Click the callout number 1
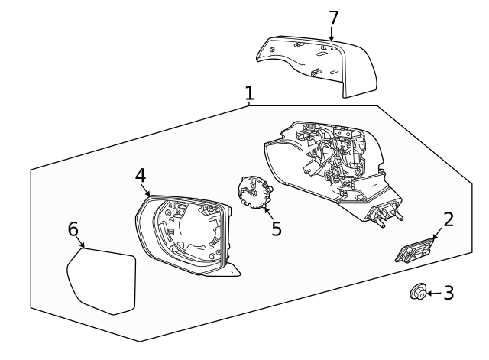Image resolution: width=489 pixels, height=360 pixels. tap(250, 93)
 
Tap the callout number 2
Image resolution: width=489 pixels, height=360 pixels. tap(449, 220)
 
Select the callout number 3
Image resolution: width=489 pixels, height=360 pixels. tap(449, 292)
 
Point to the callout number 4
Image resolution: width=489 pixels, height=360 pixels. tap(141, 175)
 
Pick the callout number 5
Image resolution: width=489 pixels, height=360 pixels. tap(276, 229)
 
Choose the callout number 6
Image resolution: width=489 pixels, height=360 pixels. tap(73, 229)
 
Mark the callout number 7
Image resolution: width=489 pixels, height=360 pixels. tap(333, 17)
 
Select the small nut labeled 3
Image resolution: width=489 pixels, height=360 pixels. tap(418, 292)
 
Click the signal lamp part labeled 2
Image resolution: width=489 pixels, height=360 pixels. tap(413, 251)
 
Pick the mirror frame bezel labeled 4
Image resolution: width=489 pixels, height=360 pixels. tap(183, 233)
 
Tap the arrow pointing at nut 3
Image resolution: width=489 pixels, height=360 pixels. tap(433, 292)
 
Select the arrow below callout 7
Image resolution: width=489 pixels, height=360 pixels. tap(332, 33)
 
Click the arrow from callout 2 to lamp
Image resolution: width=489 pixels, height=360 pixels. tap(436, 235)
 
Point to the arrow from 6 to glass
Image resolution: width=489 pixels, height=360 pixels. tap(80, 244)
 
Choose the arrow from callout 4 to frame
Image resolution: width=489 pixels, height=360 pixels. tap(147, 190)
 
